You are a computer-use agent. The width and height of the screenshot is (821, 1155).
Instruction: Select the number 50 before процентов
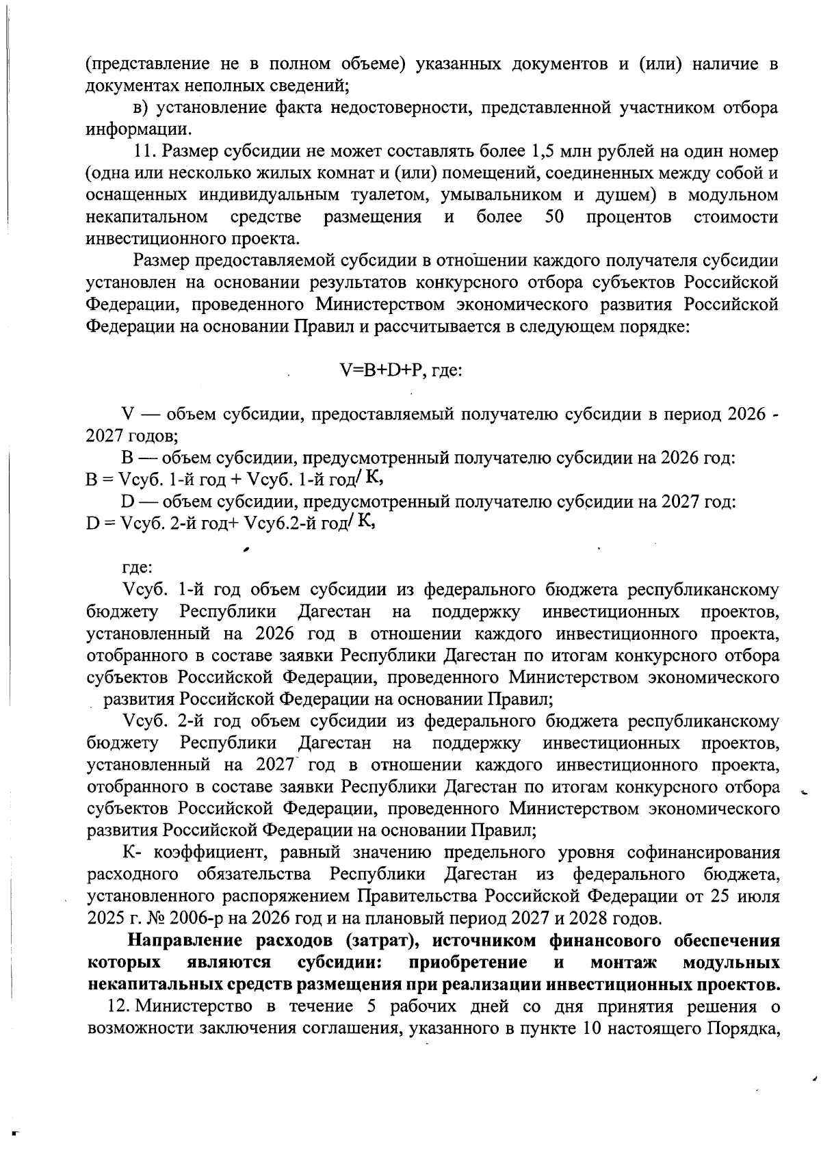point(554,217)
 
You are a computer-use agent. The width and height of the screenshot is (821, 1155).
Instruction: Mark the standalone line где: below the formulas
point(137,567)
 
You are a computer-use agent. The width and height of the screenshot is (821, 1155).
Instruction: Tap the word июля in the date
point(757,896)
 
